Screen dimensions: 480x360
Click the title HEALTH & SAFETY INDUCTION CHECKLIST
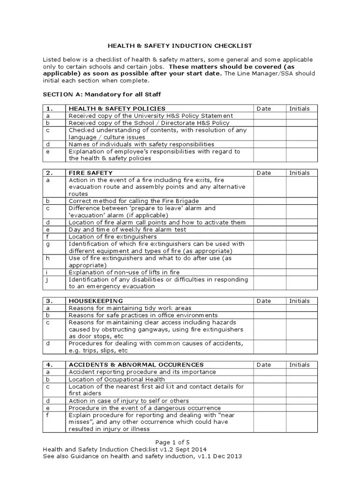tap(180, 46)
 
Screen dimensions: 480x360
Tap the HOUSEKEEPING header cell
tap(96, 301)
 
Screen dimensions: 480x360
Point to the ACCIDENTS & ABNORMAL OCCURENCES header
tap(136, 365)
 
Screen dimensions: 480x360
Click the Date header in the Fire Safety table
tap(264, 173)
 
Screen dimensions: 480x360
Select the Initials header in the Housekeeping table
tap(300, 301)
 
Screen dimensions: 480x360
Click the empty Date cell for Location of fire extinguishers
tap(270, 237)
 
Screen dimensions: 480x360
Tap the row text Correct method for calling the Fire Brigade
tap(134, 201)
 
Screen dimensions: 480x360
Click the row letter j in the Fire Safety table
tap(47, 280)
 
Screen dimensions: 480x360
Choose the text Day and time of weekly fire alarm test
tap(127, 230)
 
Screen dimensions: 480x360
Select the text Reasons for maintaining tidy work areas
tap(130, 308)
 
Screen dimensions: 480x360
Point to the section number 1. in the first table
tap(49, 108)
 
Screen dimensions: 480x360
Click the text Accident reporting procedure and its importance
tap(136, 372)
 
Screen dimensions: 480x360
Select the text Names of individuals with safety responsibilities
tap(141, 144)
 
